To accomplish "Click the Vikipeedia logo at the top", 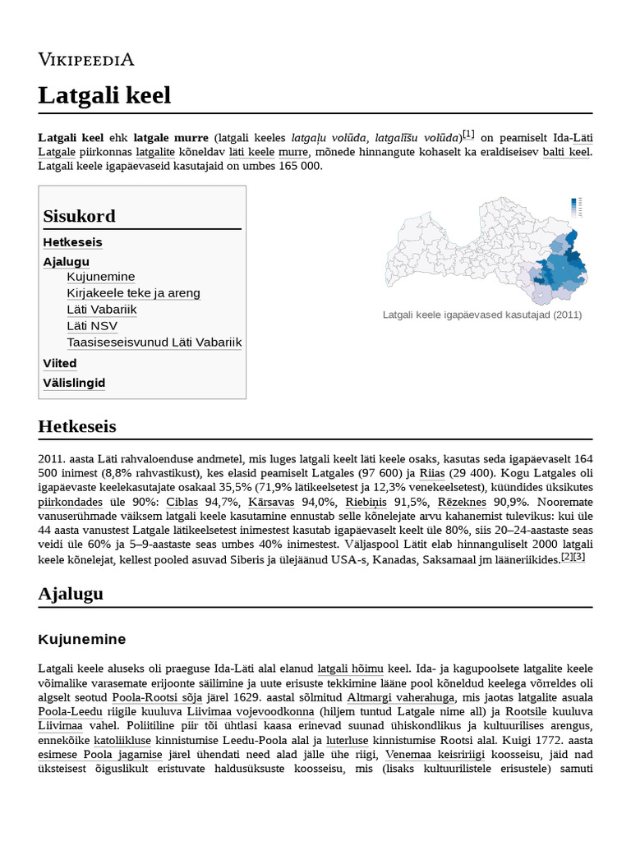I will [86, 58].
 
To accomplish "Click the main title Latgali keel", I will [104, 95].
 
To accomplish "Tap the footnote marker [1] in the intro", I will [468, 134].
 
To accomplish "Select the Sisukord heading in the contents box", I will [79, 216].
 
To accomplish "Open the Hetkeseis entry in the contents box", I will [72, 242].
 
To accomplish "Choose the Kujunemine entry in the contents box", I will [100, 277].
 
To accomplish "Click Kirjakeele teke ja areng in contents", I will [133, 293].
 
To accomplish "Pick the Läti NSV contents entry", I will [92, 326].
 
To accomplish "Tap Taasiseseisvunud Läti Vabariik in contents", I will [154, 342].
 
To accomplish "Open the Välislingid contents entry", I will [74, 383].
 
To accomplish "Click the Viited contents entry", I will [60, 363].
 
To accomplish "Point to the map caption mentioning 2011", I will [482, 315].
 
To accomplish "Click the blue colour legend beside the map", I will [576, 207].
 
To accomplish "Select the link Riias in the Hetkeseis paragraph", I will [432, 473].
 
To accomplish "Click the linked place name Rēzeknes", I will [464, 503].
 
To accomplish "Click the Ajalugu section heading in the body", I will [71, 594].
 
